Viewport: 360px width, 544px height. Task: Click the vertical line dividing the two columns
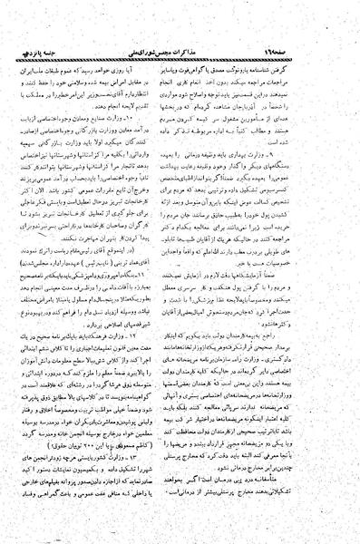(x=180, y=272)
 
